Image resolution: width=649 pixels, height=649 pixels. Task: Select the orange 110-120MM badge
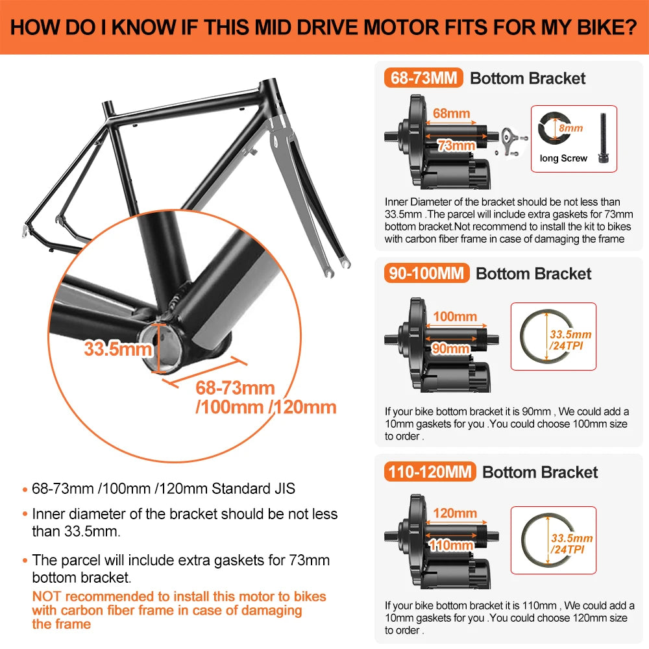[430, 472]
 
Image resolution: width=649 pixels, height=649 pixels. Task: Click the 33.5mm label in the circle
[117, 349]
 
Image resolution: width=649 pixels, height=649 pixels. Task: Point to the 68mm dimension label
[451, 114]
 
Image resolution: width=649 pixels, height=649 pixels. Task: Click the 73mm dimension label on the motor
[456, 146]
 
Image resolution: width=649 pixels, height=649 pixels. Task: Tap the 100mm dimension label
[454, 317]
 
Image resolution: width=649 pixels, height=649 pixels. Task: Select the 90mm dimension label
[450, 349]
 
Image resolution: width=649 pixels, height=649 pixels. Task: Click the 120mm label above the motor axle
[454, 513]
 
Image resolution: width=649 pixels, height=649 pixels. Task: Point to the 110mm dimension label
[451, 545]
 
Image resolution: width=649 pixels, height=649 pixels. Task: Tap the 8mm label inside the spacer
[570, 129]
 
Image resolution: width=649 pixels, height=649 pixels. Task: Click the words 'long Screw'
[563, 158]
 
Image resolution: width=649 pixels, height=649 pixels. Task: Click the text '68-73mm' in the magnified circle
[236, 388]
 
